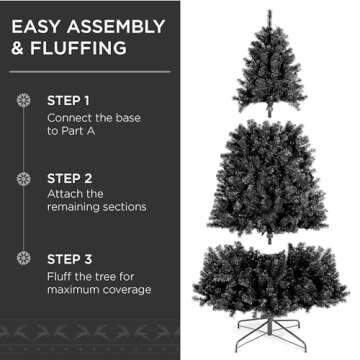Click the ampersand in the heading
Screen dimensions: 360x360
pos(18,48)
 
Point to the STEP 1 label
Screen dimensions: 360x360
pos(68,101)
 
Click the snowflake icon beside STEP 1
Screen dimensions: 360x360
pos(25,101)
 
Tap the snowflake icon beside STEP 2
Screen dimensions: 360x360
pos(25,178)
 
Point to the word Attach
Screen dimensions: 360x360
pos(66,193)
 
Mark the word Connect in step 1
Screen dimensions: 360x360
pos(70,117)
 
